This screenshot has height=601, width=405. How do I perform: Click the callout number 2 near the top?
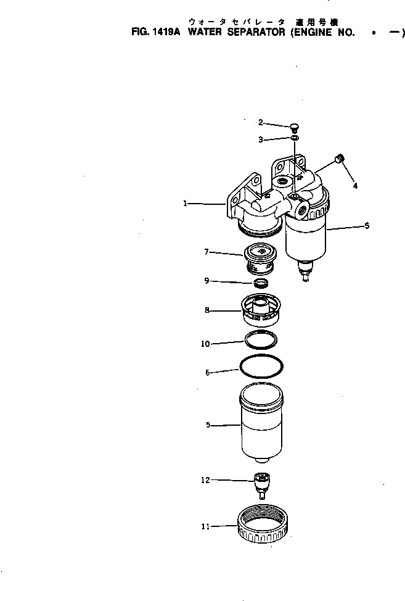(261, 122)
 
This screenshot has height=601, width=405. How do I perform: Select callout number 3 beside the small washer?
(261, 140)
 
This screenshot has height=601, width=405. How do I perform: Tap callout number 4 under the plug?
(354, 184)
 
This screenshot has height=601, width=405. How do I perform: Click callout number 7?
(207, 251)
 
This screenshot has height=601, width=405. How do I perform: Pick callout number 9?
(207, 281)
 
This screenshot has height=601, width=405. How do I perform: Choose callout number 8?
(207, 310)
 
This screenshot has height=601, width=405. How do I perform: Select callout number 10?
(205, 344)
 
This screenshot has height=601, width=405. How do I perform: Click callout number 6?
(207, 372)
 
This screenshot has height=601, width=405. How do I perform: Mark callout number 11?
(205, 526)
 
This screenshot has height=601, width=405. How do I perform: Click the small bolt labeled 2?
(295, 127)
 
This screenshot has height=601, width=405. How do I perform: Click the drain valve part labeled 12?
(263, 484)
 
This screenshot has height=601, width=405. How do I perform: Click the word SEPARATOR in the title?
(253, 33)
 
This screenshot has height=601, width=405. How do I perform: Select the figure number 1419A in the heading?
(162, 33)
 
